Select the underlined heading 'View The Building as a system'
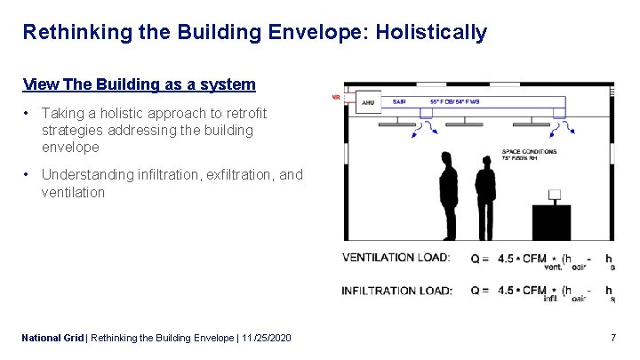pyautogui.click(x=140, y=84)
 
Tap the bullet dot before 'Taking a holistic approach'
pyautogui.click(x=28, y=114)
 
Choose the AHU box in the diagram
pyautogui.click(x=368, y=103)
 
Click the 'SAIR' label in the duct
pyautogui.click(x=399, y=101)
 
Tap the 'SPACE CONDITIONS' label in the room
pyautogui.click(x=530, y=152)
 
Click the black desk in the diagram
pyautogui.click(x=562, y=222)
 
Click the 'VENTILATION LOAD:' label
pyautogui.click(x=396, y=258)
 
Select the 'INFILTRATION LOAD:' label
pyautogui.click(x=396, y=291)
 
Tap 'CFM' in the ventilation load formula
pyautogui.click(x=534, y=259)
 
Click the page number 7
pyautogui.click(x=613, y=338)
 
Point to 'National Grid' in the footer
pyautogui.click(x=52, y=338)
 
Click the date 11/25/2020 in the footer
pyautogui.click(x=265, y=338)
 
